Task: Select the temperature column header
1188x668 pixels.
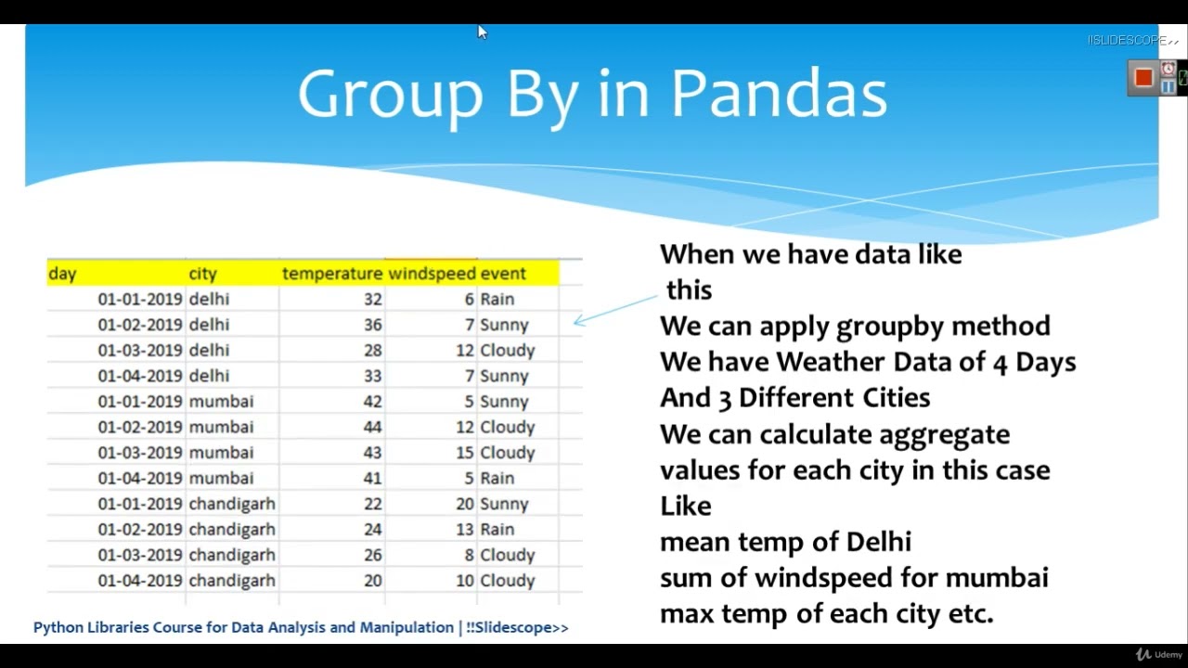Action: [x=331, y=274]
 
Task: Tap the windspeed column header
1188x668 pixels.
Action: [x=432, y=274]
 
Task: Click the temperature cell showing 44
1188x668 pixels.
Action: [x=372, y=427]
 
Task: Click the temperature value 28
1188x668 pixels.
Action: [x=372, y=351]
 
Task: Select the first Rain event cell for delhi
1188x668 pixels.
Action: [x=497, y=300]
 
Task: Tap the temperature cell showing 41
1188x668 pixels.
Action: [x=372, y=478]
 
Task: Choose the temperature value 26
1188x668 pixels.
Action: [x=372, y=555]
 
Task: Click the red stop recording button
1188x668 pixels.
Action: [x=1143, y=78]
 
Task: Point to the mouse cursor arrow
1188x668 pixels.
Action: [x=482, y=32]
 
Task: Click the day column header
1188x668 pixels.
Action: [x=62, y=274]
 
